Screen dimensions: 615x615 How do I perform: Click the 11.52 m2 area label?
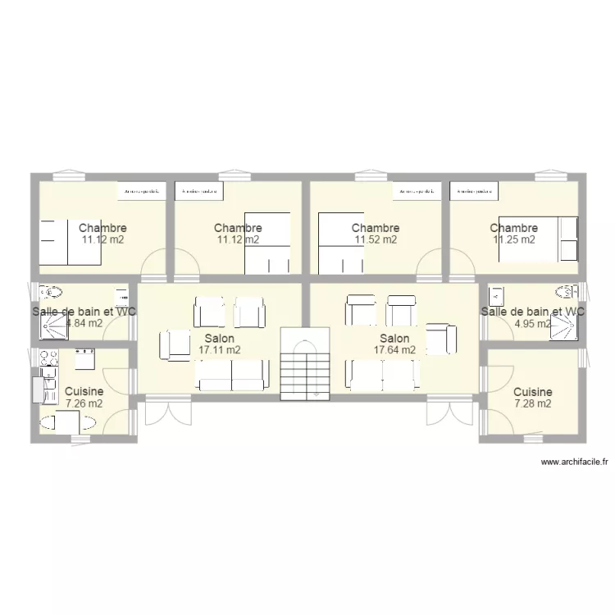376,240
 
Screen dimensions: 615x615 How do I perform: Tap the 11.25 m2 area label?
513,240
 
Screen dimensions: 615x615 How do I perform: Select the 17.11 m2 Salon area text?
219,350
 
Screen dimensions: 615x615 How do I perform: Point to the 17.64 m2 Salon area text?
394,350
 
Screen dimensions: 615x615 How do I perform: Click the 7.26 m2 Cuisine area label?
84,403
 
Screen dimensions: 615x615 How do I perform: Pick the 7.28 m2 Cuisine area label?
532,403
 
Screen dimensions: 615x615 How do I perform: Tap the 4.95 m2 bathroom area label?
532,323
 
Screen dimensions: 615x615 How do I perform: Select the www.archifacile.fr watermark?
574,462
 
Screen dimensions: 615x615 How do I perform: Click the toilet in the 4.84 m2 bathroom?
53,292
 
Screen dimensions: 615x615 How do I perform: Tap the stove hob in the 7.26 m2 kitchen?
46,358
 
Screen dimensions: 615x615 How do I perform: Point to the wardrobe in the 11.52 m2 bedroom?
417,191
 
